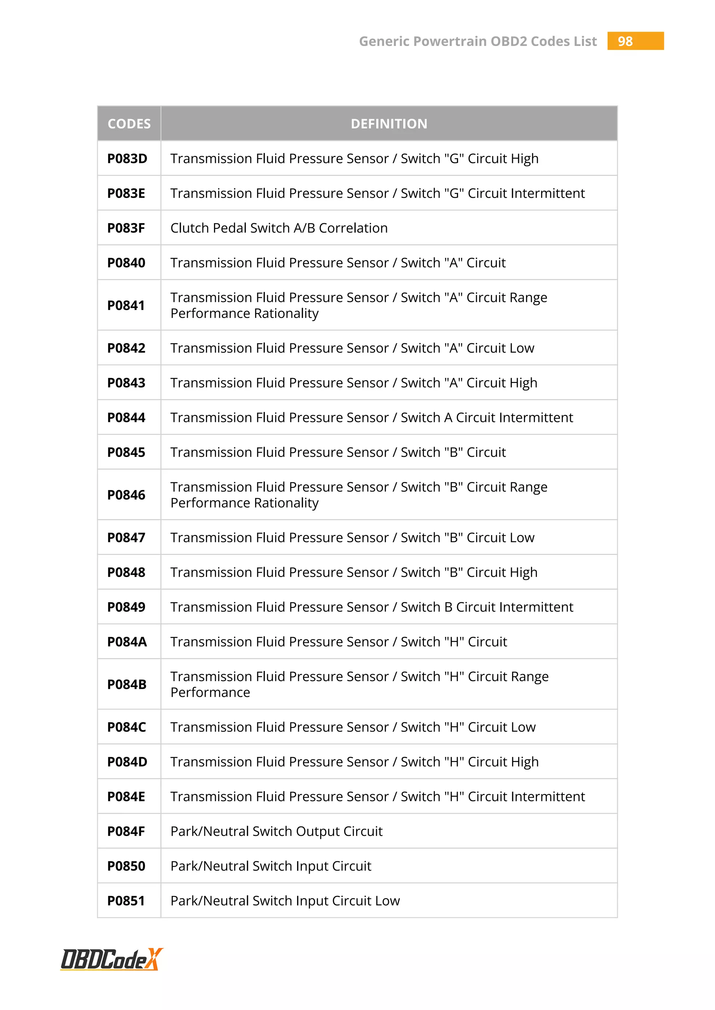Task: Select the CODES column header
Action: pyautogui.click(x=129, y=123)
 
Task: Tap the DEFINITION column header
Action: pyautogui.click(x=389, y=123)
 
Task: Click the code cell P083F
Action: pyautogui.click(x=126, y=228)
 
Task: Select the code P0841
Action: pyautogui.click(x=126, y=305)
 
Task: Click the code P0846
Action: pyautogui.click(x=126, y=495)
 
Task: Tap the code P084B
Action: pyautogui.click(x=127, y=685)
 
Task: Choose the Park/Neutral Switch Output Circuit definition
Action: pyautogui.click(x=276, y=831)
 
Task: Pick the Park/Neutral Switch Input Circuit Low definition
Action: pyautogui.click(x=285, y=900)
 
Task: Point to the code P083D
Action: pyautogui.click(x=127, y=158)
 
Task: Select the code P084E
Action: pyautogui.click(x=126, y=796)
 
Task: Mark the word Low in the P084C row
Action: pyautogui.click(x=521, y=727)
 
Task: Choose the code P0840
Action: pyautogui.click(x=126, y=263)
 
